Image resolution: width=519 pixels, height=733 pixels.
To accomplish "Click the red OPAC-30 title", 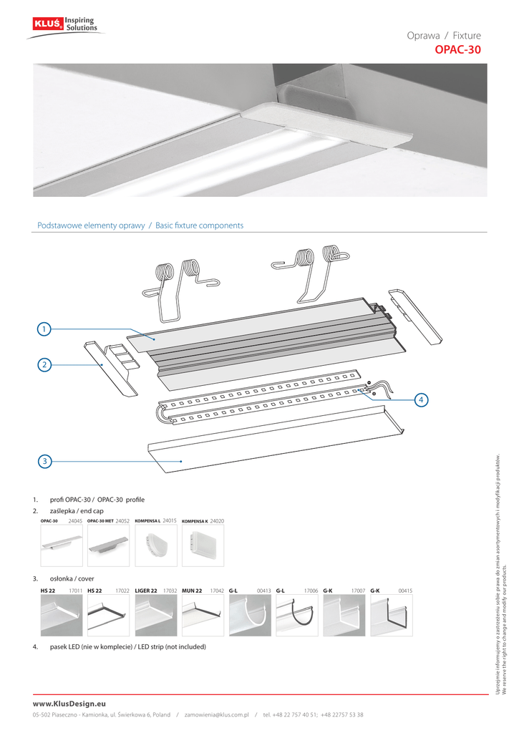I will [x=458, y=50].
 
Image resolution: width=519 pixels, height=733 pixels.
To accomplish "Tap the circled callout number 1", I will [x=44, y=329].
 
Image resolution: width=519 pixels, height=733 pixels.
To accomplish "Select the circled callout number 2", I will [x=44, y=364].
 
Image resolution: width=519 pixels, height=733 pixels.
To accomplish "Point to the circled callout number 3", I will [x=44, y=462].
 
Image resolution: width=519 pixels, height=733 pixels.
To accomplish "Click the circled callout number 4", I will [x=421, y=399].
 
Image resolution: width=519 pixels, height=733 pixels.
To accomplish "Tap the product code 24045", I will [x=75, y=521].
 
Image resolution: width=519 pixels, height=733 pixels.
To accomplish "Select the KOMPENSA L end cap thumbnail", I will [x=156, y=547].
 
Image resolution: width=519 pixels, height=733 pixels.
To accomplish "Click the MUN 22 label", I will [x=192, y=591].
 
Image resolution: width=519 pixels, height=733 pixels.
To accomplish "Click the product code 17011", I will [x=75, y=591].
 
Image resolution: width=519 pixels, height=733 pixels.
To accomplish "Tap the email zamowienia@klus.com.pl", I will [x=216, y=715].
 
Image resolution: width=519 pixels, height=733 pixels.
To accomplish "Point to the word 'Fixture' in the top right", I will [x=467, y=36].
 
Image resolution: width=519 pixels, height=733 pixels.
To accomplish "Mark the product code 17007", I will [x=358, y=591].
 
